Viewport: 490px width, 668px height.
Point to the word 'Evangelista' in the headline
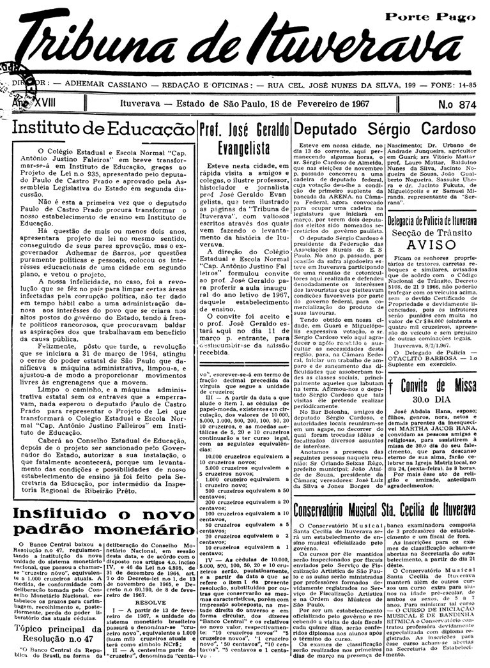(x=243, y=149)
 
